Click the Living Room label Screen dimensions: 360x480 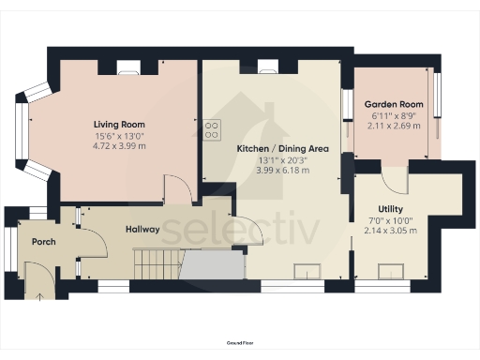(118, 125)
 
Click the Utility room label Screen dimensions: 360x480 (391, 209)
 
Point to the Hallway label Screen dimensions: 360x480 (142, 230)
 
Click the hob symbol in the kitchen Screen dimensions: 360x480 (212, 128)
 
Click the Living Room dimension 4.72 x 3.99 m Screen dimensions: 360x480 (118, 147)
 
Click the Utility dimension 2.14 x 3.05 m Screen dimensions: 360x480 (391, 232)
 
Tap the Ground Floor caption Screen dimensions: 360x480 (240, 345)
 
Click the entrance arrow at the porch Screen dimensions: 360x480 (39, 297)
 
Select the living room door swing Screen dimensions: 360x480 (178, 187)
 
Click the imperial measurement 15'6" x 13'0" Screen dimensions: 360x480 (118, 136)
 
